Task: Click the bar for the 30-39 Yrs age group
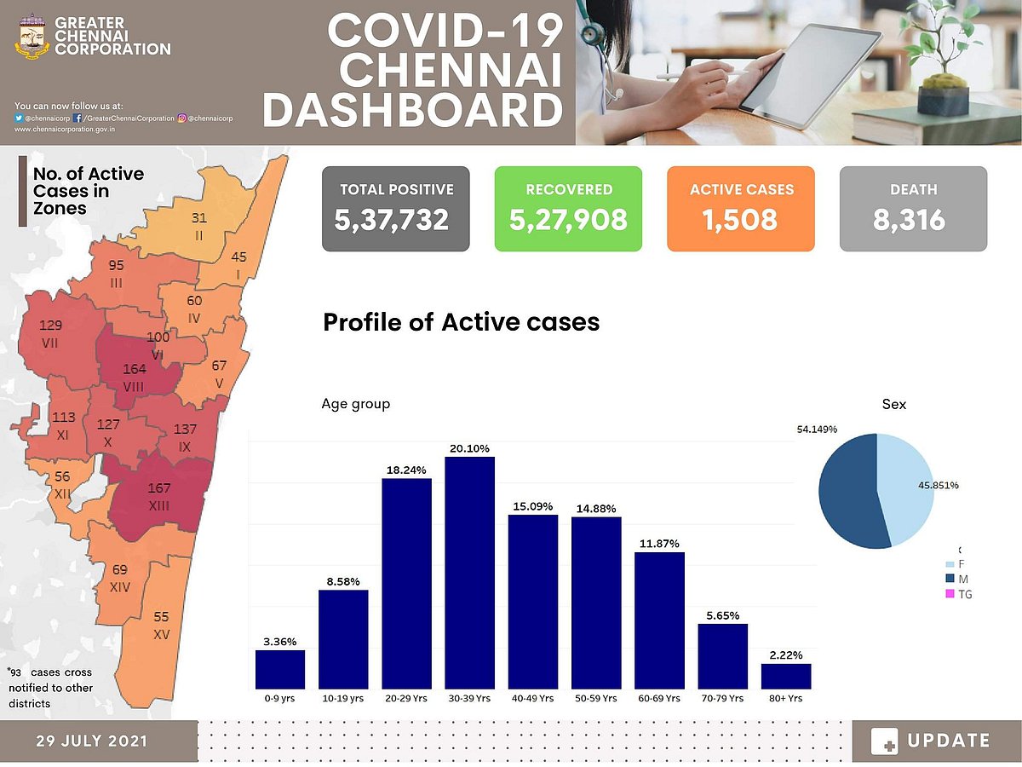coord(469,573)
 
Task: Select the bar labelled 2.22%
coord(786,676)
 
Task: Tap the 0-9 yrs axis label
coord(279,699)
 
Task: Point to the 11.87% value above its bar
coord(659,544)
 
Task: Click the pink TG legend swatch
coord(950,594)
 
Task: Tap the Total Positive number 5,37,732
coord(392,220)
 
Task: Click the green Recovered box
coord(568,208)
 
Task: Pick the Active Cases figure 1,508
coord(740,220)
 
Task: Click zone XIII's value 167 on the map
coord(159,488)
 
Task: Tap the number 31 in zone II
coord(198,217)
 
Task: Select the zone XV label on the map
coord(160,636)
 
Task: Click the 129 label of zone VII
coord(51,325)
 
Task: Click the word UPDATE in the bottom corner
coord(948,741)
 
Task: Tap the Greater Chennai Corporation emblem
coord(32,36)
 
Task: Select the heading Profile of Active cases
coord(461,322)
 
